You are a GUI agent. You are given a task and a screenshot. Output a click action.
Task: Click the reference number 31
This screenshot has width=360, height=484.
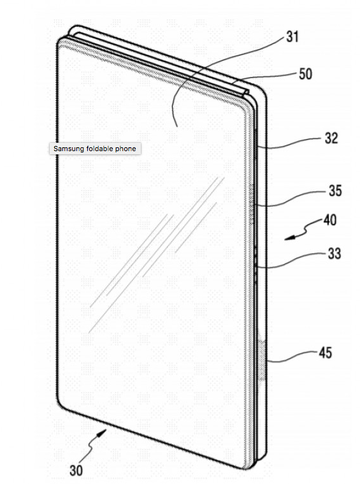point(292,37)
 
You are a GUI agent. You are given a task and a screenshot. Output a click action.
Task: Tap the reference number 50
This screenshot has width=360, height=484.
point(305,74)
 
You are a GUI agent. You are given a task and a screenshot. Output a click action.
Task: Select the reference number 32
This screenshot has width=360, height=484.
point(331,138)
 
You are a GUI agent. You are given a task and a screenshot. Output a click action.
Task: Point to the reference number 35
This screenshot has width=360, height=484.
point(335,191)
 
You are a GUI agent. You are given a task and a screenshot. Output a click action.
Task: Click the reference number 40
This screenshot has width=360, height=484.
point(330,220)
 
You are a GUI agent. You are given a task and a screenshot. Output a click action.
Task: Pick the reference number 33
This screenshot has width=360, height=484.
point(334,254)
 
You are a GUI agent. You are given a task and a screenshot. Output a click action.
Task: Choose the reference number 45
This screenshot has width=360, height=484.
point(325,353)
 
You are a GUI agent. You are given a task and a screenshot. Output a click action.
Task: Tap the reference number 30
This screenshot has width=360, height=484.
point(76,470)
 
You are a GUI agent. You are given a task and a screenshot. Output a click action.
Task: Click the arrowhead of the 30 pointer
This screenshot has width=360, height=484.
point(103,433)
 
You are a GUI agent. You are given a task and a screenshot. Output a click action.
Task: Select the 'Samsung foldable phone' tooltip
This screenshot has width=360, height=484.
point(95,149)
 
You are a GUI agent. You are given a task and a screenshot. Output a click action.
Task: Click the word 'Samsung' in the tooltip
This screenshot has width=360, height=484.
point(66,149)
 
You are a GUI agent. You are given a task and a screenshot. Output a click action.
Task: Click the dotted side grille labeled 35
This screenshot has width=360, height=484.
point(252,204)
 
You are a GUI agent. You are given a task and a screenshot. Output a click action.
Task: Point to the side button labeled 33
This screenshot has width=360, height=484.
point(256,265)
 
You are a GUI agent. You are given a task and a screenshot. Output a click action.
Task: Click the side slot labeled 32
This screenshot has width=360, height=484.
point(256,145)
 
